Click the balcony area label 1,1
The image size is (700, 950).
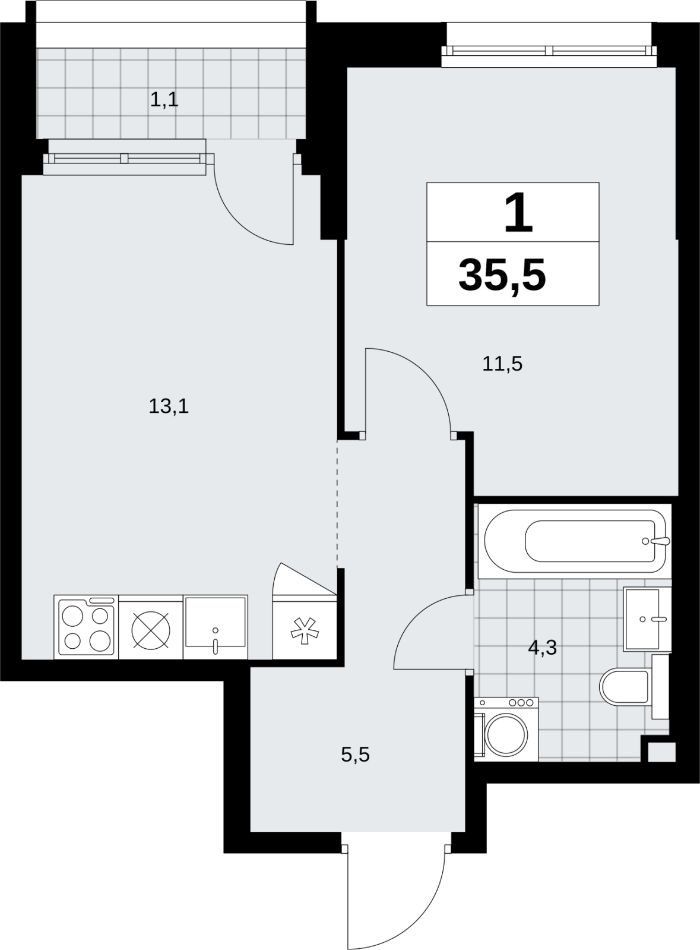164,100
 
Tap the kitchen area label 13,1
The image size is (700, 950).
168,406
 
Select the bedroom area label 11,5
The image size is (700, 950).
502,364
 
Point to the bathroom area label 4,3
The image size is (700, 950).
543,648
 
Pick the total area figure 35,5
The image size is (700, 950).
502,276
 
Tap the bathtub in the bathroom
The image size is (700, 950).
575,541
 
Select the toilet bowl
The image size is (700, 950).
624,686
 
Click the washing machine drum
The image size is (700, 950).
507,734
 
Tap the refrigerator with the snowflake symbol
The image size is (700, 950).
304,627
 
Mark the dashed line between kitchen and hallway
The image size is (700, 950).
337,504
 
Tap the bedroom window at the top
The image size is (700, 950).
549,51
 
